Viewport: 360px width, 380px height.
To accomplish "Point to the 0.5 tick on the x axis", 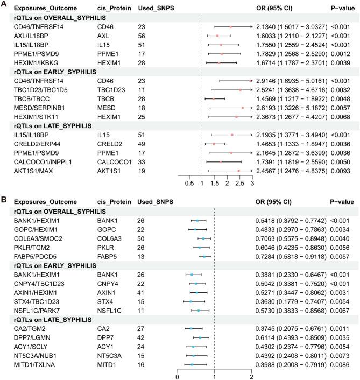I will [189, 183].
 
